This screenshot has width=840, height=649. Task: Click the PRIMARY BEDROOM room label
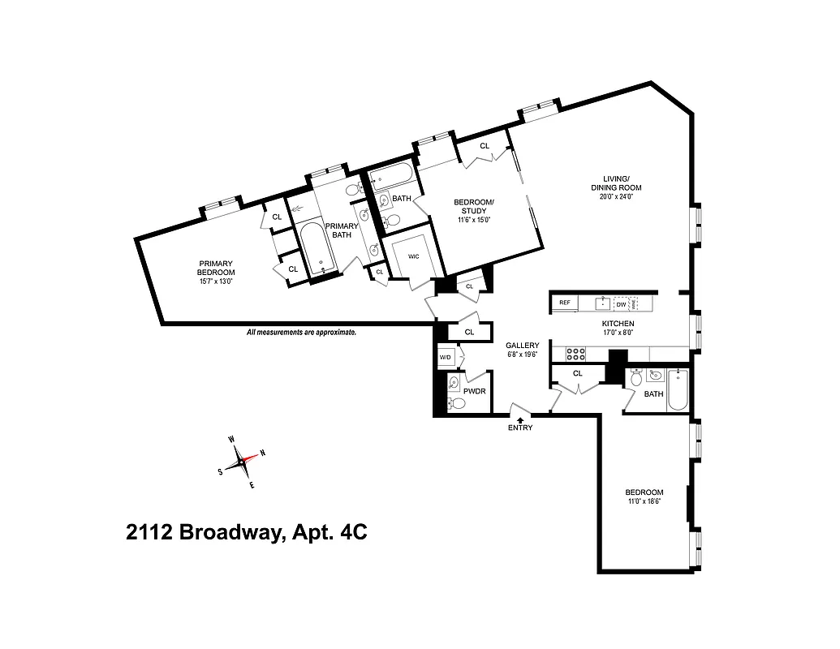pos(217,268)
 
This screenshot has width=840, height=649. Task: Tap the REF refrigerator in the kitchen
pos(564,303)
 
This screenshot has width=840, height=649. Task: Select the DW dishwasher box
pos(621,304)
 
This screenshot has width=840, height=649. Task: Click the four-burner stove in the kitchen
pos(575,354)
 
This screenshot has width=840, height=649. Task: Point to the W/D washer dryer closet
pos(446,357)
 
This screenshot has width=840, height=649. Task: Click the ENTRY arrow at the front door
pos(520,419)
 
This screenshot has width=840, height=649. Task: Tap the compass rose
pos(242,462)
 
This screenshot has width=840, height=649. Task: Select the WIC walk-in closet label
pos(414,256)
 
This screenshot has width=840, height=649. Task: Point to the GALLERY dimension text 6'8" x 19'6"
pos(522,354)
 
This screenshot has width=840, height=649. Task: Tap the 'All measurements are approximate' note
pos(301,333)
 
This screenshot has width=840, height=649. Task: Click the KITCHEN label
pos(618,323)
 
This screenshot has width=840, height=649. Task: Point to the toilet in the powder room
pos(458,402)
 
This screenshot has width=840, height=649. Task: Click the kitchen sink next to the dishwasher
pos(602,303)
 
